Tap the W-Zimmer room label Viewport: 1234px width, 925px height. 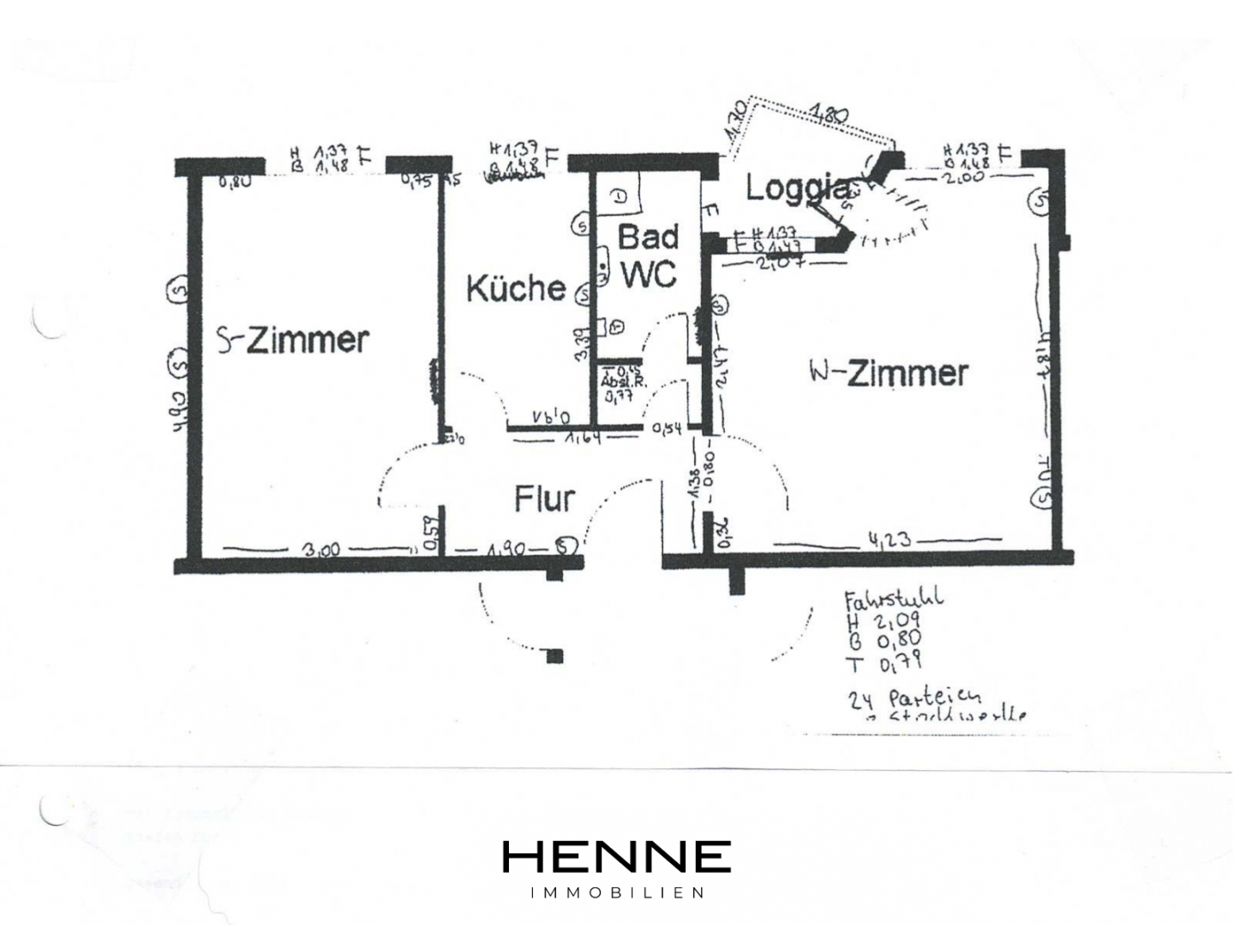coord(889,373)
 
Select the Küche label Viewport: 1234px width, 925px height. coord(516,288)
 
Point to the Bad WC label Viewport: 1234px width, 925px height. coord(649,255)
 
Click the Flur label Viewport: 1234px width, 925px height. coord(544,498)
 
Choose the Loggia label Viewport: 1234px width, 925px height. coord(797,188)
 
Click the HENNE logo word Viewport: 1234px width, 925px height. coord(616,856)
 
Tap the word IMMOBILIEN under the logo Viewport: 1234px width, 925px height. coord(617,892)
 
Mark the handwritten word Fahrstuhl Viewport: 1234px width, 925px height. coord(894,597)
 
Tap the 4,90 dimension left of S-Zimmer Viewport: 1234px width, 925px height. coord(179,411)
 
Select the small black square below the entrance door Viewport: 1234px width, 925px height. coord(555,657)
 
